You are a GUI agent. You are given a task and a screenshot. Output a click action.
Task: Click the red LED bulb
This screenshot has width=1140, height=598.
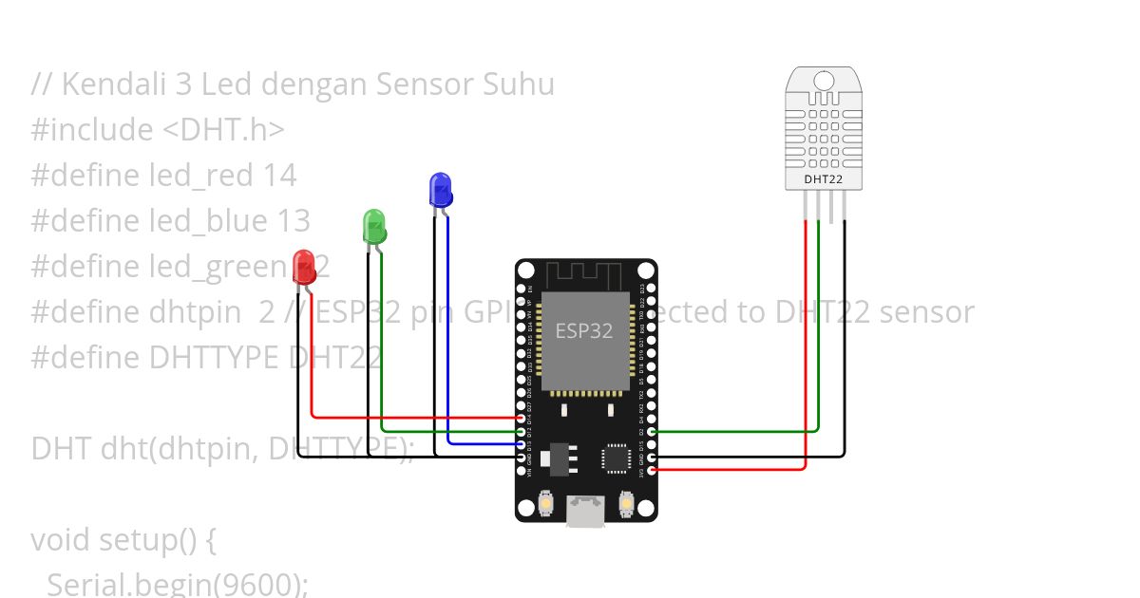click(x=304, y=264)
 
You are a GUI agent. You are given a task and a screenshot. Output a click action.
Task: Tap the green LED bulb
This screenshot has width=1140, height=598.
click(x=374, y=226)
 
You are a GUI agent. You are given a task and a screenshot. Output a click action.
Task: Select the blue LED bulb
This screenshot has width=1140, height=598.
click(x=440, y=188)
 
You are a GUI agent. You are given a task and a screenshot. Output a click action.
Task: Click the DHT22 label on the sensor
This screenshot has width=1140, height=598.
click(x=824, y=178)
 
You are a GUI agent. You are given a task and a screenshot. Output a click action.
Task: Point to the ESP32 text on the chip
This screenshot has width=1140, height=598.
click(x=584, y=331)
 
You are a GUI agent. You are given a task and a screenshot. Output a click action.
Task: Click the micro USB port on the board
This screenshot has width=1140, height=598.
click(x=586, y=512)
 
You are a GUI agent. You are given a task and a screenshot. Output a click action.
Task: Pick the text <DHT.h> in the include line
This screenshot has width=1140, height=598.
click(x=224, y=130)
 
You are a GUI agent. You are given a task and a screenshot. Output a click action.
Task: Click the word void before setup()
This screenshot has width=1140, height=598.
click(x=65, y=540)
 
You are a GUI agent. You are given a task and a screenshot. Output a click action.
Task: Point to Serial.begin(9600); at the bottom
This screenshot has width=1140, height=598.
click(x=177, y=585)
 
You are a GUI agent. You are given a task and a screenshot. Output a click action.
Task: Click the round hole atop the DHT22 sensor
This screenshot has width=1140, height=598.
click(x=824, y=80)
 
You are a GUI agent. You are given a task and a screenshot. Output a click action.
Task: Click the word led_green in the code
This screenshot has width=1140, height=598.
click(x=218, y=267)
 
